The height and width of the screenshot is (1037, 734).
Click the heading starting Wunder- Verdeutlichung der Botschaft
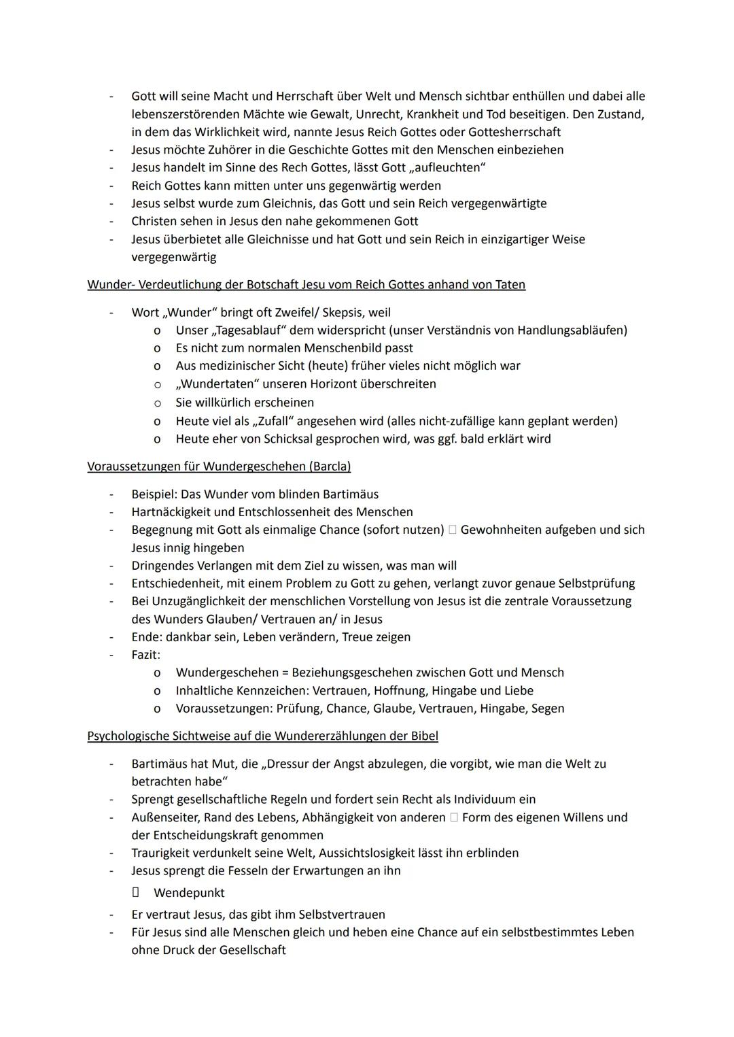306,284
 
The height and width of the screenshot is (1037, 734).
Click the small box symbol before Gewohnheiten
453,530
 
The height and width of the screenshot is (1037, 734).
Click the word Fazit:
145,655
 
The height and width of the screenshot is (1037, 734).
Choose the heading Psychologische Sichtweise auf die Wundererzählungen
262,736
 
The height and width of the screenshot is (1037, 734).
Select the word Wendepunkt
188,893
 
